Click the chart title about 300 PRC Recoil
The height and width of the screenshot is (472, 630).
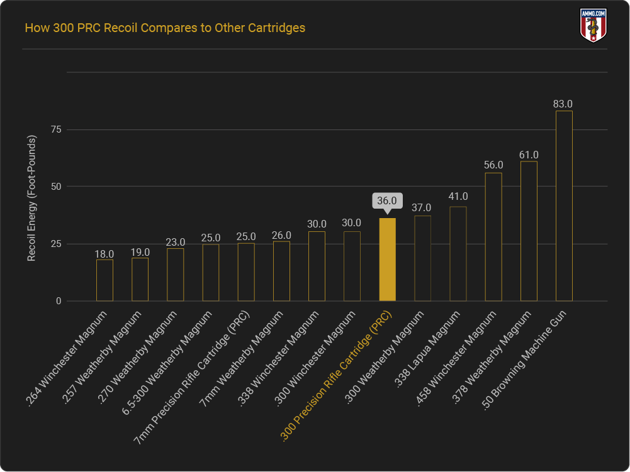coord(164,28)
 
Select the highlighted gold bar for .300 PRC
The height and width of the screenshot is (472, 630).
coord(387,259)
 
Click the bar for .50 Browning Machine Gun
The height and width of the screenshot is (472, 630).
coord(564,206)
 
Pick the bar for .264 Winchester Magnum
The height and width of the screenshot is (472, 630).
coord(104,280)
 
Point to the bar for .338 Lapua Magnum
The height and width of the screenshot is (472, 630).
coord(458,254)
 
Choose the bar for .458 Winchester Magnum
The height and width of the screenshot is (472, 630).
coord(493,237)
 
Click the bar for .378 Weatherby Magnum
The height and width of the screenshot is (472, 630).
coord(529,231)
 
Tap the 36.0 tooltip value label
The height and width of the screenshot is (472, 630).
coord(387,200)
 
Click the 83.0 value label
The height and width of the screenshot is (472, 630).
coord(563,104)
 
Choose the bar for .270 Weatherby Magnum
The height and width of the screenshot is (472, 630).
coord(175,275)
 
